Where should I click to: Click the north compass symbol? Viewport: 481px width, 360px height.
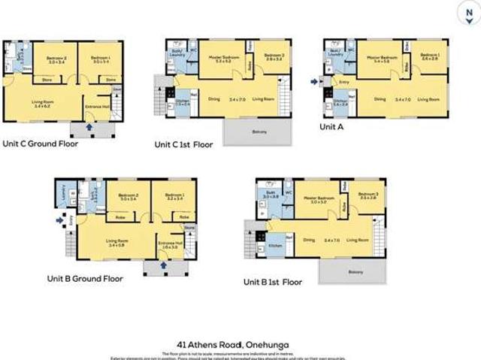(470, 13)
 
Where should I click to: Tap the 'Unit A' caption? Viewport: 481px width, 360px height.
(331, 127)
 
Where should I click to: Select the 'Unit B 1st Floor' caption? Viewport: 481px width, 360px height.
(273, 283)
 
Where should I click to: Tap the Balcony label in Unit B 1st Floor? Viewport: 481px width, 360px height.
(347, 272)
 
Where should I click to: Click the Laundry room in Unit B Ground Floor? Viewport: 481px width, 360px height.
(63, 195)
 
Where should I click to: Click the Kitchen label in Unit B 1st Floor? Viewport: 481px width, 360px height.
(275, 246)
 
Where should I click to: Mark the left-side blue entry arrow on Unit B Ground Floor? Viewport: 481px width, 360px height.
(60, 221)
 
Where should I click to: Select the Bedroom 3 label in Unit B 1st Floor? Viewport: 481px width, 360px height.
(368, 198)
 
